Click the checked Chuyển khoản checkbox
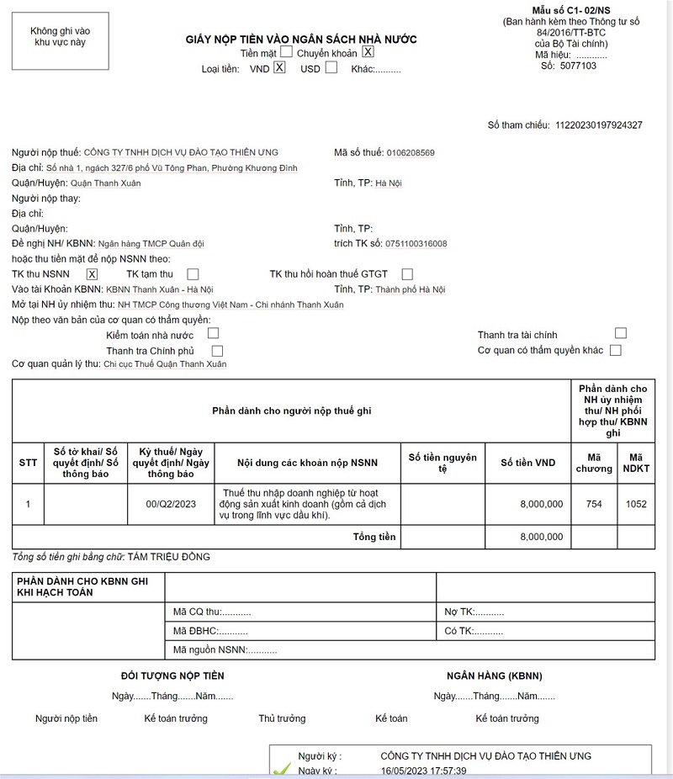point(368,52)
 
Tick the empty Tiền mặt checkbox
point(287,52)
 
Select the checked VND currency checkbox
point(280,68)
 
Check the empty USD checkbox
point(331,68)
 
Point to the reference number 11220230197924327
point(599,125)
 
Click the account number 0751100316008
point(416,244)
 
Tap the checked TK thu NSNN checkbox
point(93,274)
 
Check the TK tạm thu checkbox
point(193,274)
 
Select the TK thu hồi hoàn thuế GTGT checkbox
point(407,274)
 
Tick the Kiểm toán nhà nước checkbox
point(213,334)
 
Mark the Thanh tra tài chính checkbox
point(621,334)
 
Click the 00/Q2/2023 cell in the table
point(171,504)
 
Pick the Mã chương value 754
point(594,504)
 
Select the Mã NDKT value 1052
point(636,504)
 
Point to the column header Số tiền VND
point(528,463)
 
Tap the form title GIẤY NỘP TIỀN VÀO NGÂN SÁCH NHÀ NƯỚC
point(301,40)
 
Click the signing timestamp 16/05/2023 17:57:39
point(423,771)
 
